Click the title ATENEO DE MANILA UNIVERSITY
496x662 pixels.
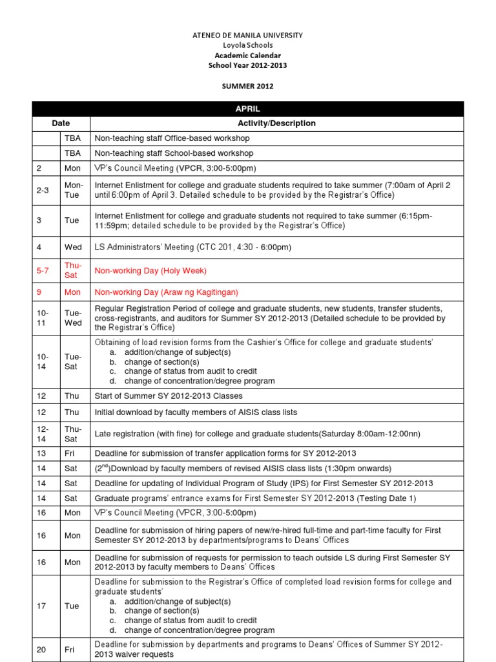[248, 35]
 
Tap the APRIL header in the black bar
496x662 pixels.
[248, 109]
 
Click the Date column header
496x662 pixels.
[61, 123]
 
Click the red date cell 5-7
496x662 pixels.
[43, 270]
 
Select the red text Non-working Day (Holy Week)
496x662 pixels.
[150, 270]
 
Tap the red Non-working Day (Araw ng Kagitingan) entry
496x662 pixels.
[166, 292]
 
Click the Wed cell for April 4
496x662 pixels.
[72, 247]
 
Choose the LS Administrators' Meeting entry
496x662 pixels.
[192, 247]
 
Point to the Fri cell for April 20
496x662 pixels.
[68, 650]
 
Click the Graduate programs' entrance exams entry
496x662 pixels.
[255, 498]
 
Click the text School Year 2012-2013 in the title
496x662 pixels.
[248, 65]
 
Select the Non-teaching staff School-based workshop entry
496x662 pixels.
[174, 153]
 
